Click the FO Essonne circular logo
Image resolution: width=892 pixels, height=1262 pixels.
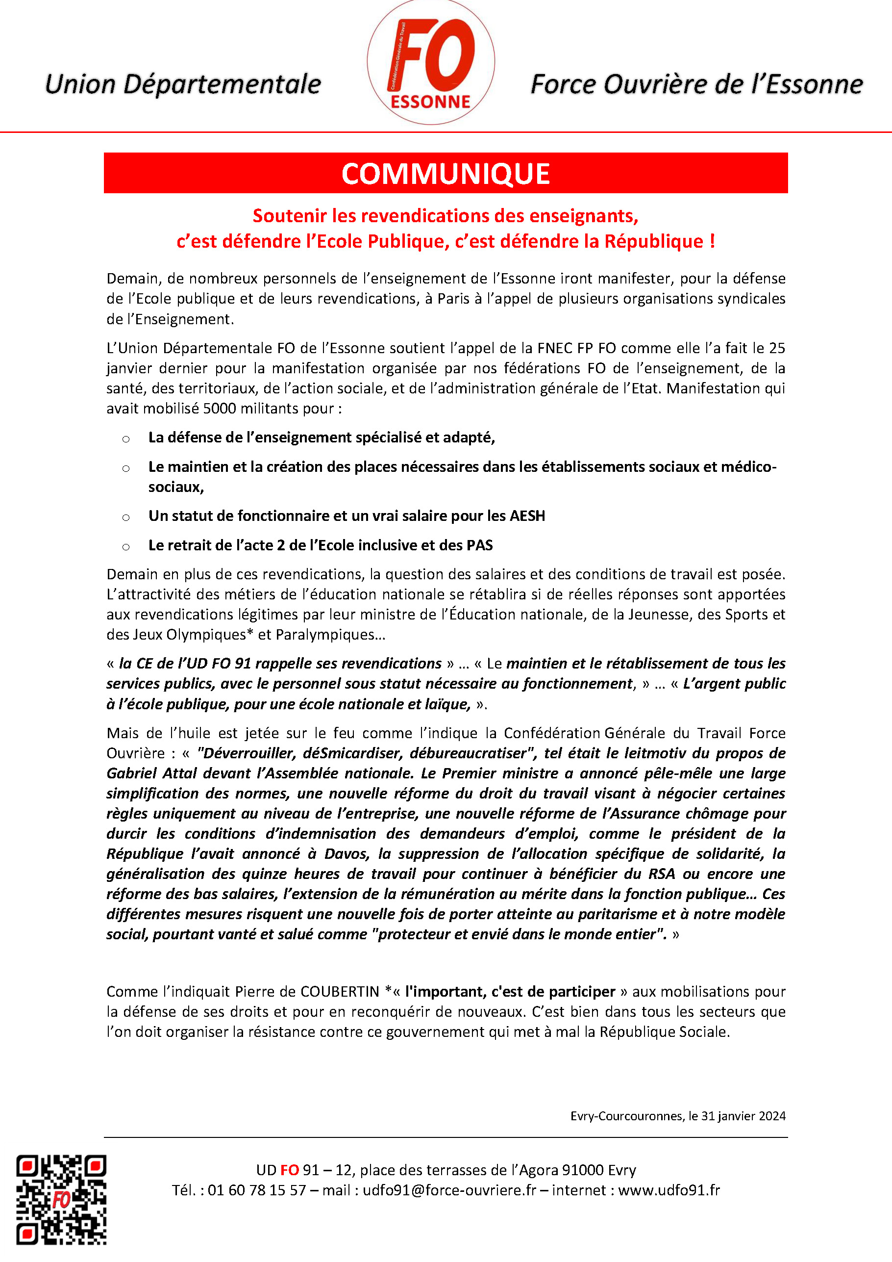[431, 62]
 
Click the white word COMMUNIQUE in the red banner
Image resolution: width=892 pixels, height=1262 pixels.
[446, 174]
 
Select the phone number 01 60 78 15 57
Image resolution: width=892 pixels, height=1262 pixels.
[256, 1190]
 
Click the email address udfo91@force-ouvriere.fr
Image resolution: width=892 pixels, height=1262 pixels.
[449, 1190]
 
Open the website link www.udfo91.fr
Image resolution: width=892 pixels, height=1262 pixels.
[669, 1190]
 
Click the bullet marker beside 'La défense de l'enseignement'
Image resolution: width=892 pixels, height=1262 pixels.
[126, 438]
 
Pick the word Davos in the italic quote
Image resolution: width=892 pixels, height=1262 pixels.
[346, 853]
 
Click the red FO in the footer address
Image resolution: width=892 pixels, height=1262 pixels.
[290, 1170]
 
